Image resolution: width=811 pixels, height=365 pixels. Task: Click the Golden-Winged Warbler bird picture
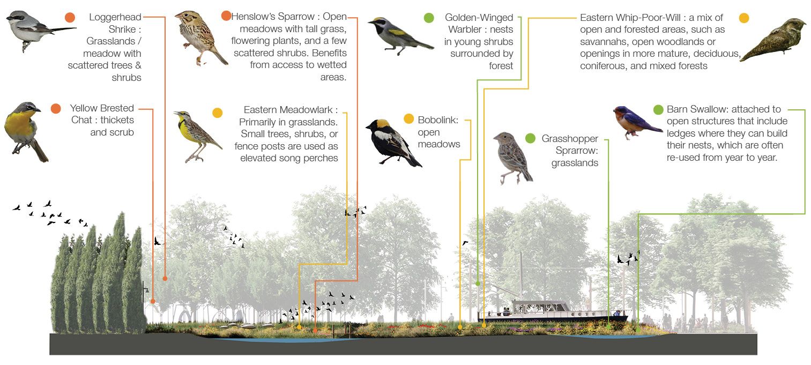coord(399,35)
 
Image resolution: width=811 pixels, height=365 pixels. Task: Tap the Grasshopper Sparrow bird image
coord(512,156)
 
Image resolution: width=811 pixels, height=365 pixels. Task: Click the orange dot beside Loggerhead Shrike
coord(69,18)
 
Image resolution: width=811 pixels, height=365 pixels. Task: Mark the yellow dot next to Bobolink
coord(408,119)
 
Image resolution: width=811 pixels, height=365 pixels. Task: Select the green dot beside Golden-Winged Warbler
coord(428,18)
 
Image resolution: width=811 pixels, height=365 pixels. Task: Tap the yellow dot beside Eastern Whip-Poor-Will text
coord(743,18)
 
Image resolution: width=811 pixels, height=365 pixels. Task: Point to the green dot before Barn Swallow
coord(658,110)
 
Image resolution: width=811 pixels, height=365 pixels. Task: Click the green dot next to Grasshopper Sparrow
coord(530,139)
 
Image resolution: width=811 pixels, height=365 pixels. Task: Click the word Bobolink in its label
coord(438,120)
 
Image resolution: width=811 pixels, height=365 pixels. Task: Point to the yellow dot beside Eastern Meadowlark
coord(217,113)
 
